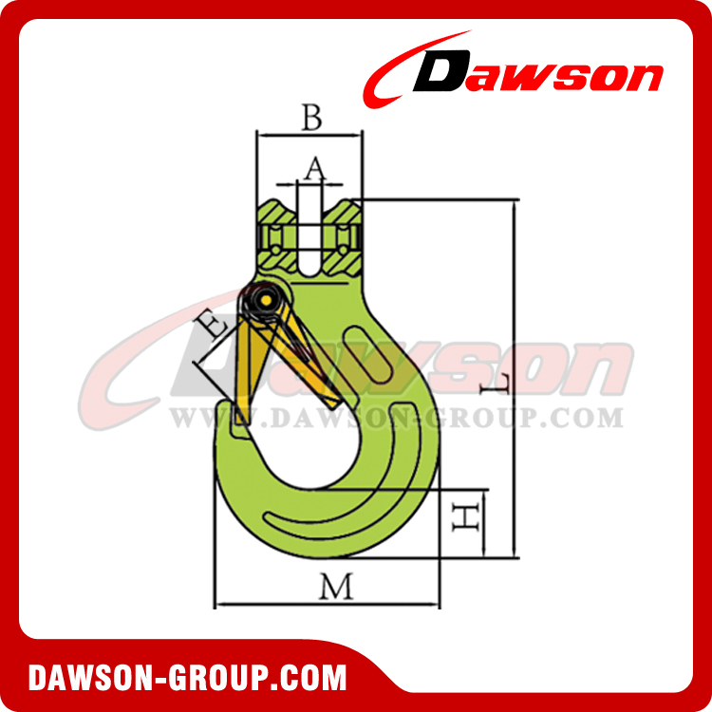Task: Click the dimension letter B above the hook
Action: (311, 119)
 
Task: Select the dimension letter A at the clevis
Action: (314, 168)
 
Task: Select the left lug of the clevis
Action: (275, 234)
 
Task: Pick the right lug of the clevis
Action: (344, 234)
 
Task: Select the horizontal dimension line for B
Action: (309, 135)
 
